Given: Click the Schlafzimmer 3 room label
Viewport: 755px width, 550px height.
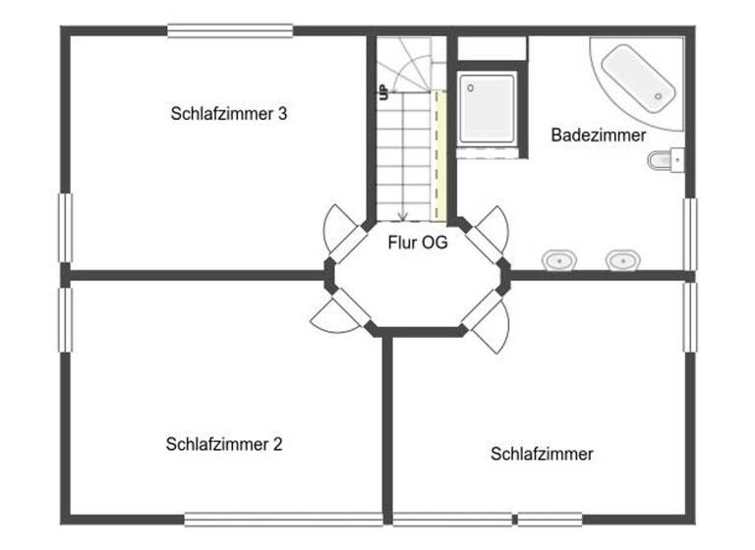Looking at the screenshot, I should [x=228, y=113].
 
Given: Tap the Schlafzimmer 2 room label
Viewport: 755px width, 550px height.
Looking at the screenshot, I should [x=224, y=444].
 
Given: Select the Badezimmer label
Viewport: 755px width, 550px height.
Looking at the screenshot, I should [x=598, y=136].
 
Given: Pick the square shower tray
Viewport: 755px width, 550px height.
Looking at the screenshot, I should [x=487, y=107].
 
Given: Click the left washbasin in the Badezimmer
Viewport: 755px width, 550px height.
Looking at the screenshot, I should [x=559, y=260].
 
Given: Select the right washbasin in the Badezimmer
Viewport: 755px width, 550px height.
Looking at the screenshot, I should [x=621, y=260].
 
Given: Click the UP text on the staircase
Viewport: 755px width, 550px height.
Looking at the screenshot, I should [x=383, y=93].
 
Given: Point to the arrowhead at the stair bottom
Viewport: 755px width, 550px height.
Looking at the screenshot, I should [x=402, y=216].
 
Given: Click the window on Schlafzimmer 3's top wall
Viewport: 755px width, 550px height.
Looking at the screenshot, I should [x=230, y=30].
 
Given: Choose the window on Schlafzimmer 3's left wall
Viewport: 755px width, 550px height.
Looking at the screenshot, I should [x=66, y=228].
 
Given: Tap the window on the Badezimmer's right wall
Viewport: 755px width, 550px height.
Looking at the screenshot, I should [x=689, y=234].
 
